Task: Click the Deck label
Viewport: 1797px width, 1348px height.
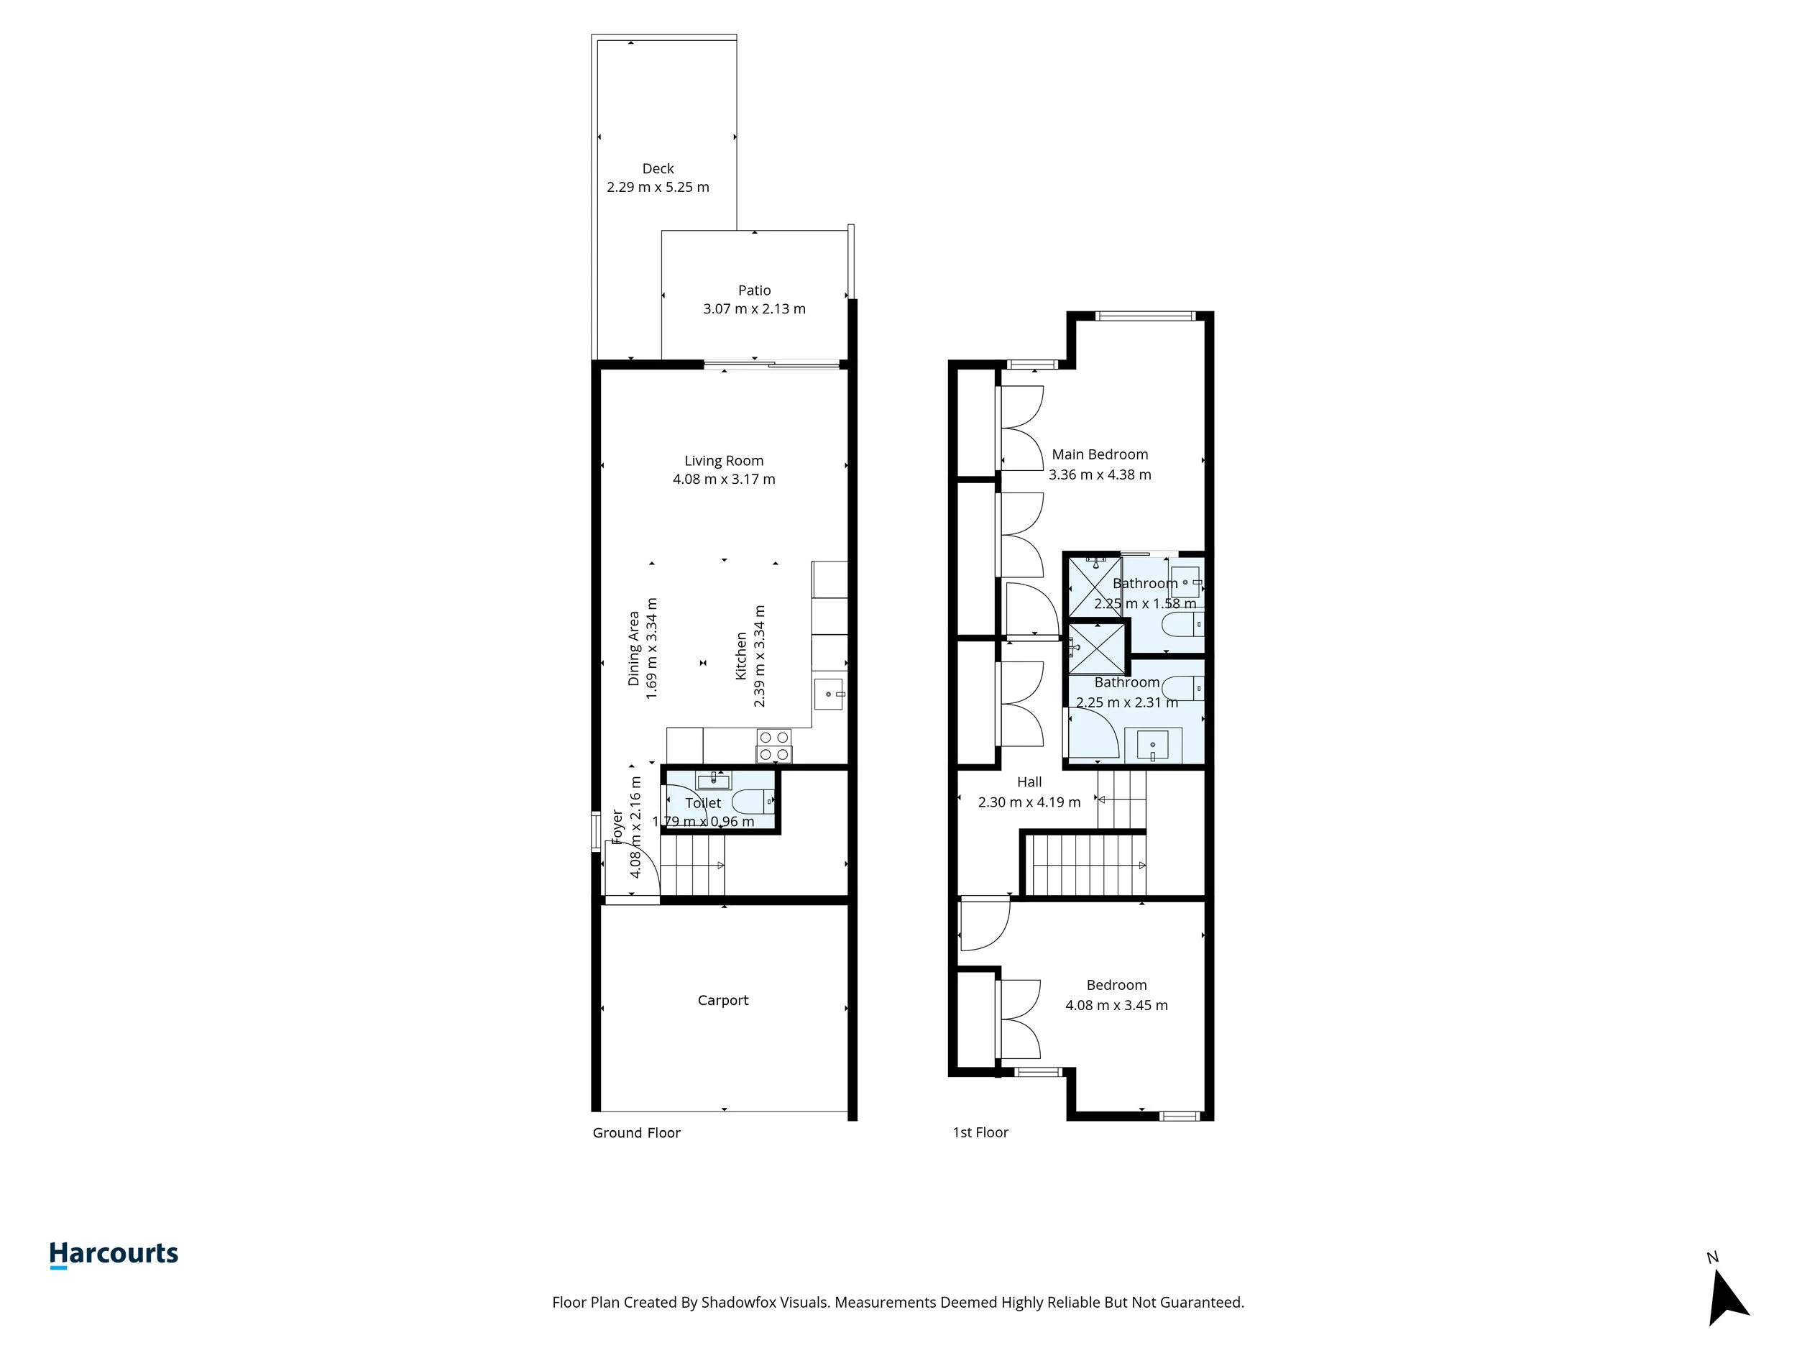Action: click(x=657, y=168)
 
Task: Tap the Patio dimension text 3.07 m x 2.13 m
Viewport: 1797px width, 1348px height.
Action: click(x=754, y=308)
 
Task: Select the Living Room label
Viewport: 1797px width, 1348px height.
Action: click(x=723, y=461)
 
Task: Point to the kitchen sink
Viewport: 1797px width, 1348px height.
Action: click(x=829, y=694)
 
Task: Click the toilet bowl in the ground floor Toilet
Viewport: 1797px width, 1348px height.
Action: click(x=753, y=802)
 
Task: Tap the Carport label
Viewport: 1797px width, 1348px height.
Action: click(x=722, y=1000)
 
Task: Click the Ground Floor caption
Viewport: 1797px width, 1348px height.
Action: click(x=636, y=1132)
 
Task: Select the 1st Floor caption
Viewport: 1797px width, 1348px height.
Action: click(x=980, y=1132)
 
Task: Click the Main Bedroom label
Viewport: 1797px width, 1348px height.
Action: click(x=1099, y=454)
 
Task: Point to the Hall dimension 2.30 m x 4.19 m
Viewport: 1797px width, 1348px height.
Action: click(x=1029, y=802)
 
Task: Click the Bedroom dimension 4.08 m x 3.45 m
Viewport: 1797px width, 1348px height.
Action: click(x=1116, y=1005)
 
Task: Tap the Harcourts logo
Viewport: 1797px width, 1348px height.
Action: click(x=114, y=1254)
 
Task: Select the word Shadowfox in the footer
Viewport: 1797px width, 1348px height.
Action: click(x=737, y=1303)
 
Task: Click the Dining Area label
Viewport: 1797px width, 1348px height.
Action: click(x=634, y=648)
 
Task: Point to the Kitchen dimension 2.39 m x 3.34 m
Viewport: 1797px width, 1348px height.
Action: click(x=760, y=656)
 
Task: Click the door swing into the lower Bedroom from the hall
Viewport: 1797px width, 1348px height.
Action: click(x=984, y=924)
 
